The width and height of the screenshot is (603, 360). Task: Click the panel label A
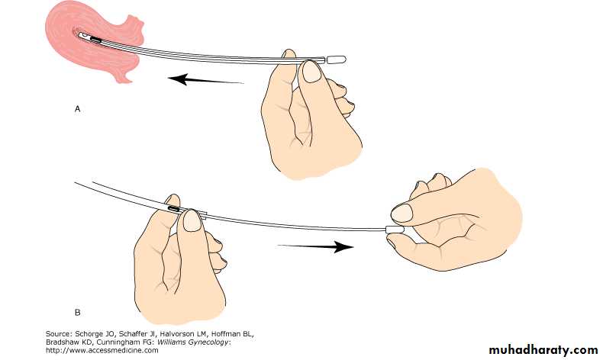[x=77, y=109]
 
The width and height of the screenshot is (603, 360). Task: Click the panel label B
[x=77, y=313]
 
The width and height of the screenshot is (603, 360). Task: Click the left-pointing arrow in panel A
[x=206, y=79]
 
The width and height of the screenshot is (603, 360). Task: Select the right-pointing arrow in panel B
[x=315, y=246]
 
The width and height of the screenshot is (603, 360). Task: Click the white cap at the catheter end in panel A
[x=336, y=59]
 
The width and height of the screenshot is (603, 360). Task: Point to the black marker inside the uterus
[x=95, y=39]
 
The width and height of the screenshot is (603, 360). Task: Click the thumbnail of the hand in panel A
[x=311, y=72]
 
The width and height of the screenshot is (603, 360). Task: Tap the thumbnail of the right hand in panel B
[x=401, y=213]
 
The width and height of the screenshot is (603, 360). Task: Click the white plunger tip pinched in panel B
[x=395, y=230]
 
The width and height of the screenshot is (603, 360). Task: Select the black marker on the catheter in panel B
[x=174, y=209]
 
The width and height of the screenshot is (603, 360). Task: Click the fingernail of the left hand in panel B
[x=192, y=220]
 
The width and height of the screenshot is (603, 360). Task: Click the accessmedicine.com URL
[x=102, y=350]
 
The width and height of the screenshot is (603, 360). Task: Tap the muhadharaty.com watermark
[x=543, y=349]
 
